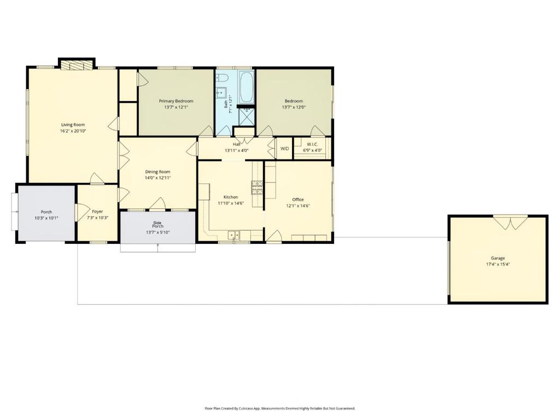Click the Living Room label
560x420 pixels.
[73, 125]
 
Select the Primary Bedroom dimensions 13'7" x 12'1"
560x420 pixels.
[176, 107]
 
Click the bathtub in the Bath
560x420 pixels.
[246, 87]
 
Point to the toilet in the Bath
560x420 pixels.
[222, 77]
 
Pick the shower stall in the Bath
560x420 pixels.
[246, 116]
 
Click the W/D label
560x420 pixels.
[284, 149]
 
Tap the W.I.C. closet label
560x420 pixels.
[312, 144]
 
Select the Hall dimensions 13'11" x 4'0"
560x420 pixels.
[236, 150]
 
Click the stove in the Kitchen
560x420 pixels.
[258, 188]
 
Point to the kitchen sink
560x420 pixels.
[234, 235]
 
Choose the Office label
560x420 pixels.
[298, 200]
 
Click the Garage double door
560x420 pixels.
[510, 222]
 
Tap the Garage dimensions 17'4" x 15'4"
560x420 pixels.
[498, 265]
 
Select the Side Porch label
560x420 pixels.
[157, 225]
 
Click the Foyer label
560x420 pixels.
[97, 212]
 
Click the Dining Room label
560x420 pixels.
[157, 172]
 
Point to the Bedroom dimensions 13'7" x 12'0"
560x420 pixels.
[294, 107]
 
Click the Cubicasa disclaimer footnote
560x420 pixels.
[279, 408]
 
